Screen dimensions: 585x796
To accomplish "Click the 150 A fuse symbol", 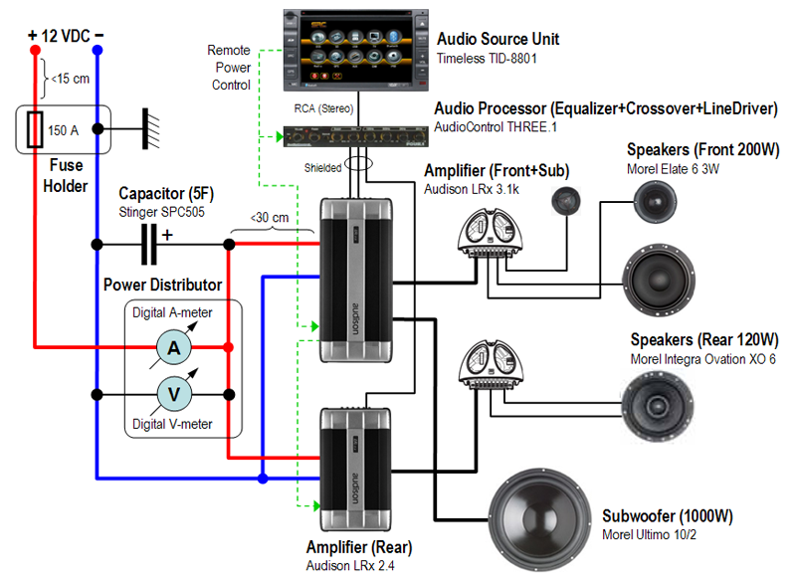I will [36, 129].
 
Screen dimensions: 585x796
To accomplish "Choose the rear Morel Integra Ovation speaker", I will [658, 401].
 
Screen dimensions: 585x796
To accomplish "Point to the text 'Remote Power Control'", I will [231, 67].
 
